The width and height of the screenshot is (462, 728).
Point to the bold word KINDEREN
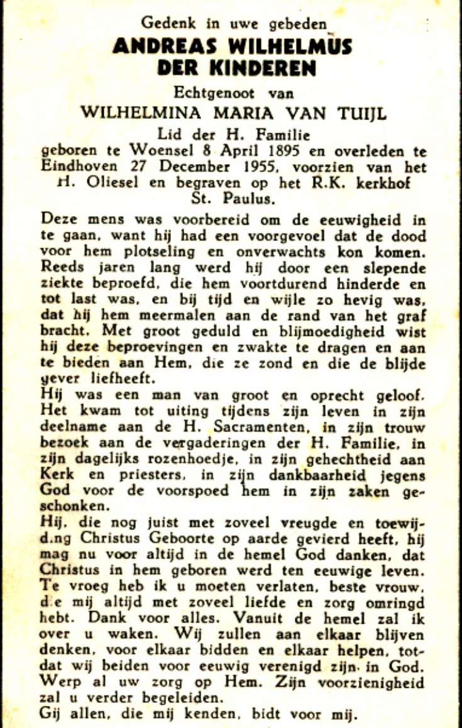click(x=263, y=68)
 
